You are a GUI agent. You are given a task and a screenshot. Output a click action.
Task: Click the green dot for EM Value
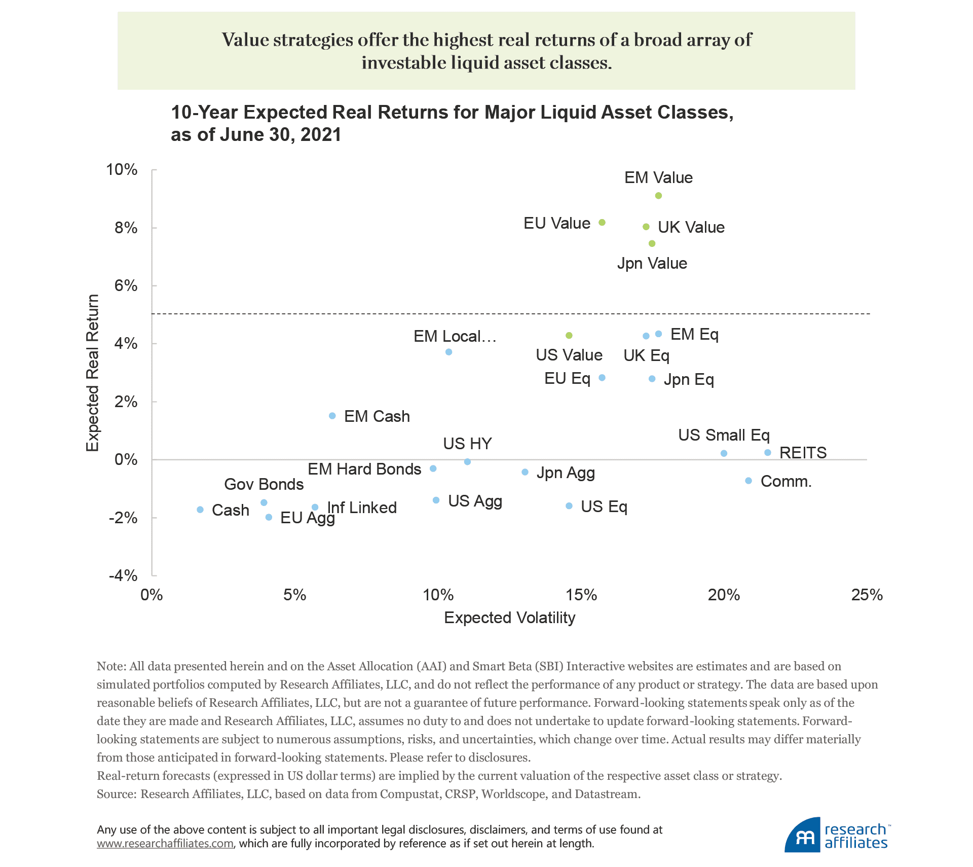(658, 196)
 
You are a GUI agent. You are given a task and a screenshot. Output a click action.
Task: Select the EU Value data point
(602, 223)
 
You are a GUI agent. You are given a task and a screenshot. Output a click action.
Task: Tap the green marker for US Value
(569, 336)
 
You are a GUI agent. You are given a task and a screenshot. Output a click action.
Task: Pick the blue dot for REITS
(768, 452)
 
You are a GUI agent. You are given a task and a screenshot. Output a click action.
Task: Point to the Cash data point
(200, 510)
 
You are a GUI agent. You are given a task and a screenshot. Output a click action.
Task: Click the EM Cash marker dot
(332, 416)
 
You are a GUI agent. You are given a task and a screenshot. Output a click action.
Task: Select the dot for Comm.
(749, 481)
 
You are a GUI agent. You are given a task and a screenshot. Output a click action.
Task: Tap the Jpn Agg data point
(525, 472)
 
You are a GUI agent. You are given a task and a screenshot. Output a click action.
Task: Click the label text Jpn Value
(652, 264)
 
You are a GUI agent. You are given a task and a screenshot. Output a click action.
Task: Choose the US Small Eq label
(724, 435)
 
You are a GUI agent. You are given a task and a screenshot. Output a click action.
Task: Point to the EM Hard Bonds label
(364, 469)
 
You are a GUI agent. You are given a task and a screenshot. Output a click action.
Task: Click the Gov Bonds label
(264, 484)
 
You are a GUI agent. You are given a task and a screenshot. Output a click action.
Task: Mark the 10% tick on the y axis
(122, 169)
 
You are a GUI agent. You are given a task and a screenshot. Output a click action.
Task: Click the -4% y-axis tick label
(123, 575)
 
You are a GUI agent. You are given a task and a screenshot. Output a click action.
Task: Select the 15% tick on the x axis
(581, 595)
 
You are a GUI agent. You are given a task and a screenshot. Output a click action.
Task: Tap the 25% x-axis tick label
(867, 595)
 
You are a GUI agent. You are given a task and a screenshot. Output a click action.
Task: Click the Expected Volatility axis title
(509, 618)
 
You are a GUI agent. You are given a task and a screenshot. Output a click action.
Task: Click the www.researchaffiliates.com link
(165, 843)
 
